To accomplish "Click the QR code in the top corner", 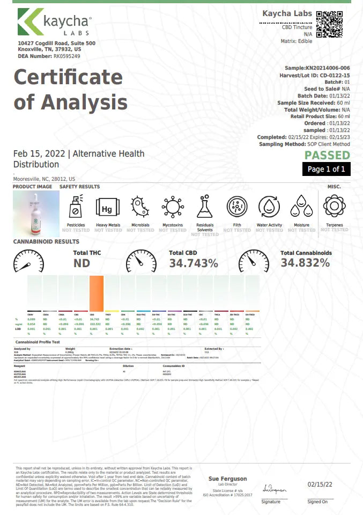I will coord(330,24).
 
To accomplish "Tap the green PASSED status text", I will coord(327,156).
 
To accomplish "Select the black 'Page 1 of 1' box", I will coord(327,170).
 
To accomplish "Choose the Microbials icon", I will coord(140,207).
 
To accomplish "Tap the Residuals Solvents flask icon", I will coord(204,207).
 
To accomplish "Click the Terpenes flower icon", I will coord(335,206).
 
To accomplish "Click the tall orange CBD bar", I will coord(97,292).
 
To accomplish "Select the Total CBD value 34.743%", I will coord(194,263).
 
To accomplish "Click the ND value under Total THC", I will coord(82,263).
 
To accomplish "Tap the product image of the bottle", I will coord(33,210).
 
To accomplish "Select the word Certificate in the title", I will coord(68,77).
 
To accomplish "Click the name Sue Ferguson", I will coord(227,479).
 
